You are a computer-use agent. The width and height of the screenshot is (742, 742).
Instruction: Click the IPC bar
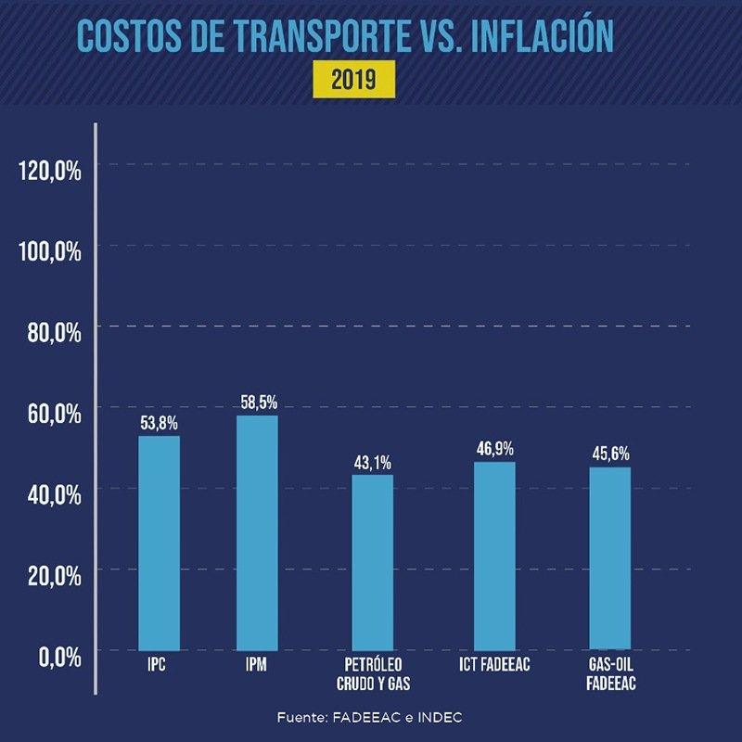pyautogui.click(x=159, y=543)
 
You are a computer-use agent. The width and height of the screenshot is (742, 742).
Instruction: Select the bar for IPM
pyautogui.click(x=257, y=532)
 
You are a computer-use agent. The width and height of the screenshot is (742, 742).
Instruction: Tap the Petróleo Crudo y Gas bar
pyautogui.click(x=372, y=562)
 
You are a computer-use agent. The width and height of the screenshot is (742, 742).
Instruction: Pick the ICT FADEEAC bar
pyautogui.click(x=494, y=556)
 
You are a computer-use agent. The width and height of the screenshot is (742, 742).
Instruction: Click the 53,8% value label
pyautogui.click(x=159, y=423)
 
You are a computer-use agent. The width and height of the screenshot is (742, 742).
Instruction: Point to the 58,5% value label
pyautogui.click(x=257, y=403)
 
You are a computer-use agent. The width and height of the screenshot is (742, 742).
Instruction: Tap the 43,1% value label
pyautogui.click(x=372, y=463)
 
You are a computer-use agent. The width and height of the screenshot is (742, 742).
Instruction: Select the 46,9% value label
pyautogui.click(x=494, y=449)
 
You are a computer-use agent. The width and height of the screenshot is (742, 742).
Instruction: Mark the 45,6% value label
pyautogui.click(x=610, y=454)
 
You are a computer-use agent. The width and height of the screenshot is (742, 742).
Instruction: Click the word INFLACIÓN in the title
pyautogui.click(x=541, y=35)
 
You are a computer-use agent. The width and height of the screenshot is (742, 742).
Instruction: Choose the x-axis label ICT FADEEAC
pyautogui.click(x=494, y=665)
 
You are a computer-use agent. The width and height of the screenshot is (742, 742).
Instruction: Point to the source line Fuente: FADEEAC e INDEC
pyautogui.click(x=369, y=718)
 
